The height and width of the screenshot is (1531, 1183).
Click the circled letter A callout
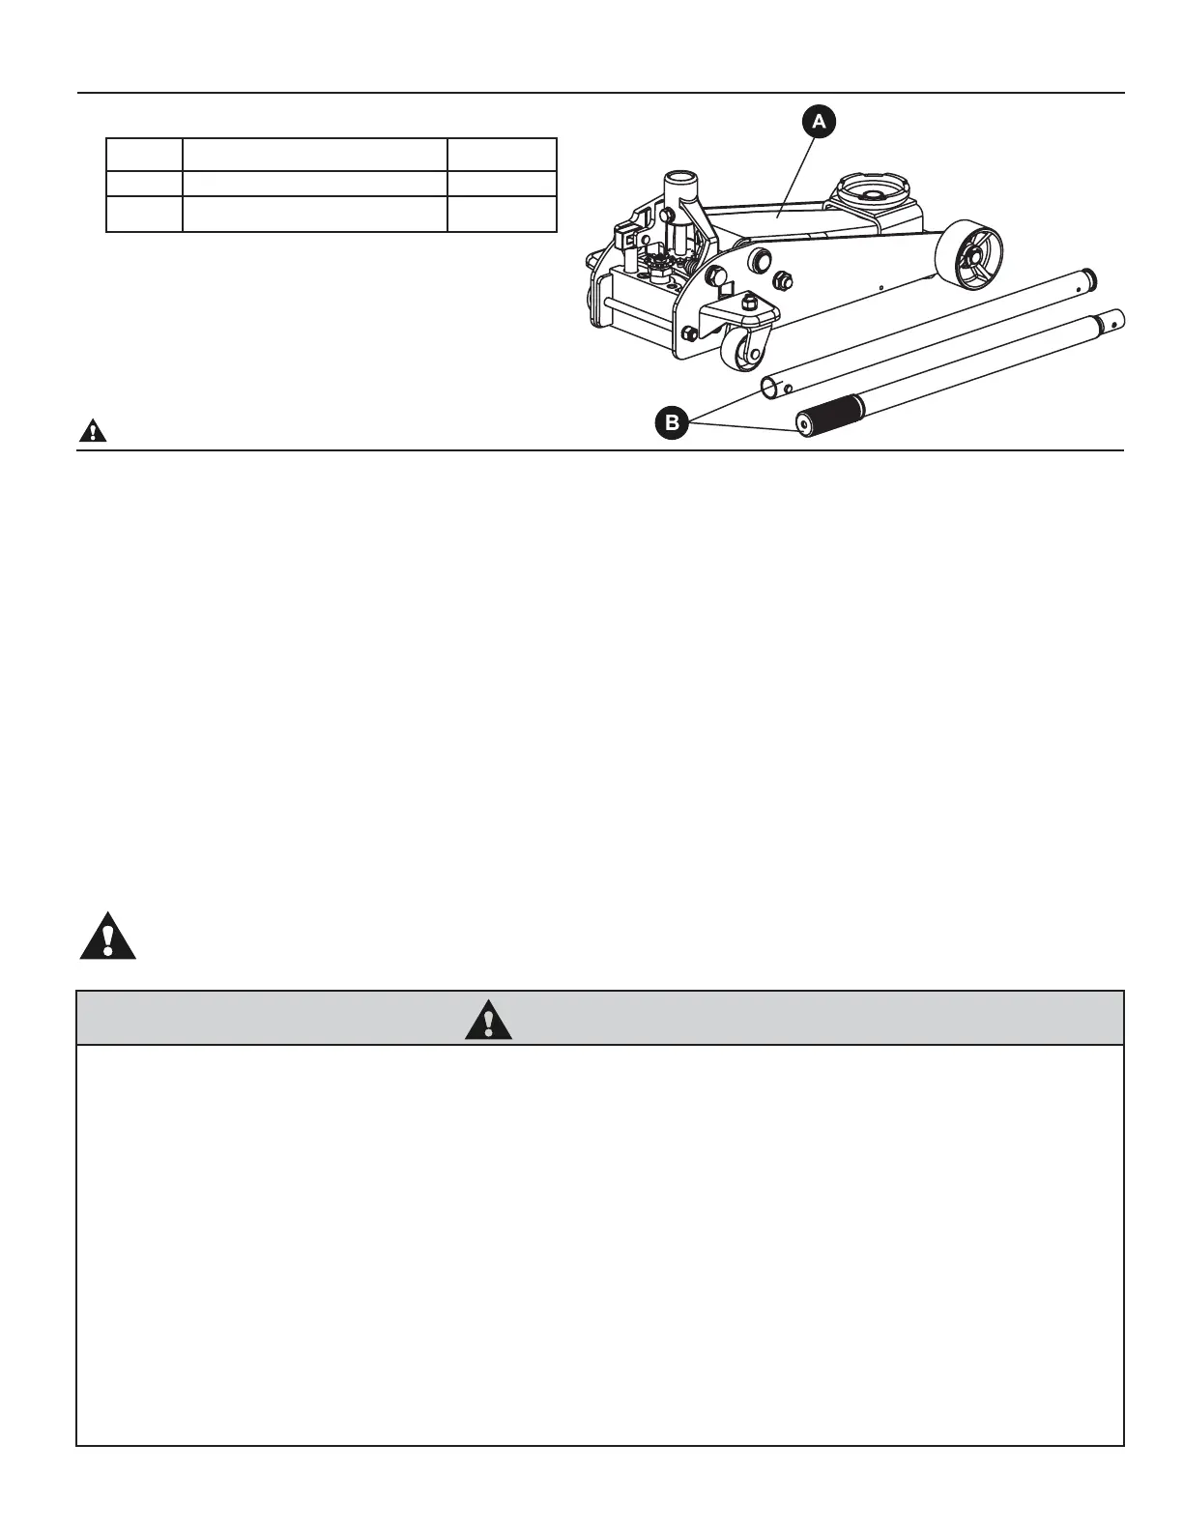(818, 121)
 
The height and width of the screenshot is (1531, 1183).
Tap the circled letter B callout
(672, 422)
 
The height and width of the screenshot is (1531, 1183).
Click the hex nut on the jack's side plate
(784, 280)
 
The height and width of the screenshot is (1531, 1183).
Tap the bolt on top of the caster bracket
(749, 304)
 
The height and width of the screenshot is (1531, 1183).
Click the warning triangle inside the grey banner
(488, 1019)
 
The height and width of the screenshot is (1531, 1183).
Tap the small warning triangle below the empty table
(93, 431)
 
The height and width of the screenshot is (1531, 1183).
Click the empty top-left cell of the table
(144, 155)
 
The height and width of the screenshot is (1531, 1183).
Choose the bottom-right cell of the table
(502, 214)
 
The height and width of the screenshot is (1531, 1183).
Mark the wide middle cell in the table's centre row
(315, 184)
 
